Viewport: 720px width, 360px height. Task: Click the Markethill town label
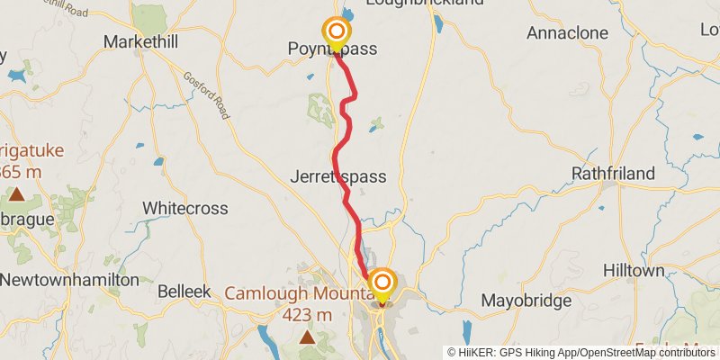141,41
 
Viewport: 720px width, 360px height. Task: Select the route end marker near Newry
382,283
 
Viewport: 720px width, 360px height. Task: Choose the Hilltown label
634,271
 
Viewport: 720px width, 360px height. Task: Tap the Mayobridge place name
527,300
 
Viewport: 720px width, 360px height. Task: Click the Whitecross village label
185,208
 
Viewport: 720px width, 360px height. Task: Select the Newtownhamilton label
69,280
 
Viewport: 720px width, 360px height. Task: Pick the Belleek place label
184,292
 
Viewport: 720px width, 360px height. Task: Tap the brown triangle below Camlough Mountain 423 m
308,337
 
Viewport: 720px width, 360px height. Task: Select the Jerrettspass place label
337,177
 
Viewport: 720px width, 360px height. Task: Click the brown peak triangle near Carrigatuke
15,193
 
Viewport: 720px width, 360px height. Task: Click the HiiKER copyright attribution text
583,352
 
